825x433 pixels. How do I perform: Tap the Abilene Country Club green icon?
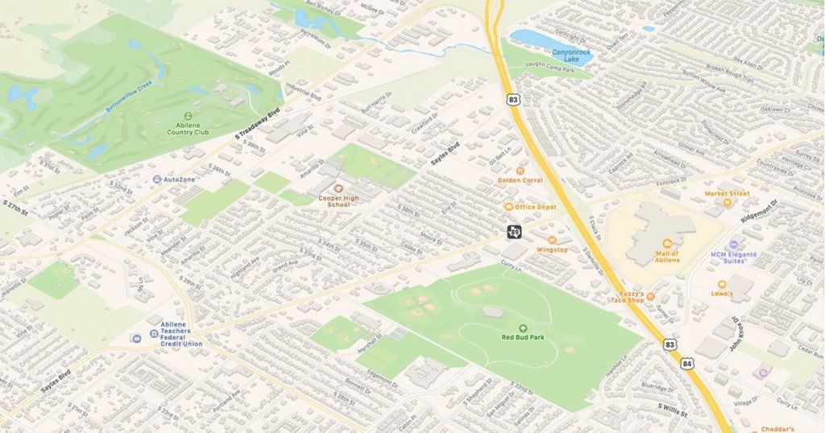click(189, 115)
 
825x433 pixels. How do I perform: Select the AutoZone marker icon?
click(157, 179)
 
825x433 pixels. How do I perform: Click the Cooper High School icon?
click(338, 188)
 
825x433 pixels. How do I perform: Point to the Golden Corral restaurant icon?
click(520, 171)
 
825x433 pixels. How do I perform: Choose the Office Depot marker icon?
click(509, 207)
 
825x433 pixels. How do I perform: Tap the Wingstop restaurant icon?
click(552, 240)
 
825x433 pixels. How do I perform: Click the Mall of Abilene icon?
click(666, 244)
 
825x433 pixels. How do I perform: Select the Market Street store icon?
click(728, 203)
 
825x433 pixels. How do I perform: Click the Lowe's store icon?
click(721, 284)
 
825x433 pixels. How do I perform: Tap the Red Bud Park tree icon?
click(522, 328)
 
